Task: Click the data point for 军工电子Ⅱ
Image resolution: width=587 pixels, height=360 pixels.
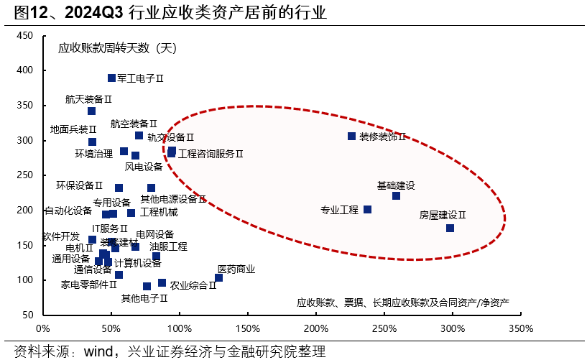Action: click(111, 78)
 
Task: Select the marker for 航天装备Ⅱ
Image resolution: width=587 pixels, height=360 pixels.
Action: click(91, 111)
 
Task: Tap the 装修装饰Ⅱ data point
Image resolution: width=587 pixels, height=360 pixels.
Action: click(351, 136)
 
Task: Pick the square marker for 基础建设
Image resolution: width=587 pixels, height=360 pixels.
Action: click(396, 195)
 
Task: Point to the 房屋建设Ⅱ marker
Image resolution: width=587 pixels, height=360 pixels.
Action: click(450, 228)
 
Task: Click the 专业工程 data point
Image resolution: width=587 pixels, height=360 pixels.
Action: click(367, 209)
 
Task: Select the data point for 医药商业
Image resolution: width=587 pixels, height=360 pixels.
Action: click(218, 277)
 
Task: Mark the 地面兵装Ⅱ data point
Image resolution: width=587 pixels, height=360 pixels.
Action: click(92, 142)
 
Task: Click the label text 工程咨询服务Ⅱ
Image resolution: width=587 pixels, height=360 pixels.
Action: click(211, 154)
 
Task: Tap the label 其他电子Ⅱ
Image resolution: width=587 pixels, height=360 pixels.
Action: click(144, 298)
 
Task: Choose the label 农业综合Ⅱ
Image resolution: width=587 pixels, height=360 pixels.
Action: click(193, 285)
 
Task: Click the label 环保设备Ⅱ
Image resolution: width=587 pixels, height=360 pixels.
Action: click(80, 185)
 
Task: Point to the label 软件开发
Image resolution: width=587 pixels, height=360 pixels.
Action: click(60, 236)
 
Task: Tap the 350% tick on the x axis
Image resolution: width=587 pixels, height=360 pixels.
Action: click(520, 328)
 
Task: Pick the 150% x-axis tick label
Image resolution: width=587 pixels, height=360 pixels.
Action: click(247, 328)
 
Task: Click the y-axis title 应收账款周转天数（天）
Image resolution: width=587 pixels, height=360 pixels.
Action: click(117, 49)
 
